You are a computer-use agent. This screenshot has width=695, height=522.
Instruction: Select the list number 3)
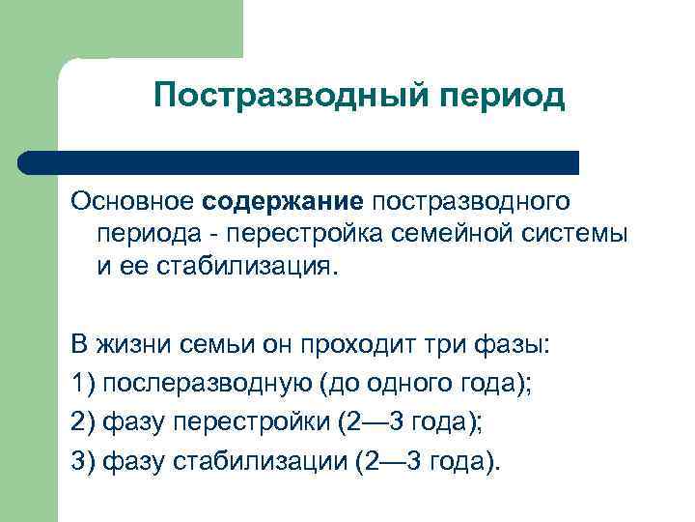[x=84, y=459]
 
